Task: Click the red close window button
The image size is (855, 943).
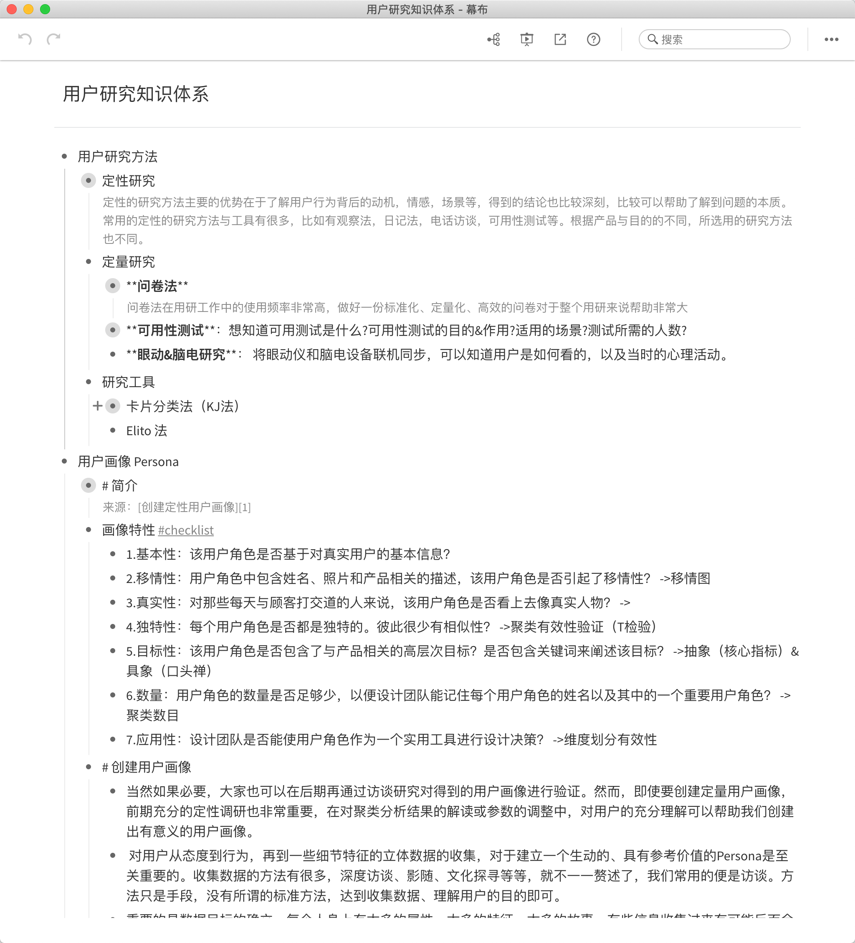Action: tap(12, 9)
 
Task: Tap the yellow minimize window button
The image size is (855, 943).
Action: tap(28, 9)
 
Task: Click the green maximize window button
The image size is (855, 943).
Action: tap(45, 9)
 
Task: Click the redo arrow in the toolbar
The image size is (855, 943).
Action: tap(54, 39)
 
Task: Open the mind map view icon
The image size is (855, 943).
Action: tap(493, 39)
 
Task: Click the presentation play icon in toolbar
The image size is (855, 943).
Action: tap(527, 39)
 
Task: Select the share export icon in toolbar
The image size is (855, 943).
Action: tap(560, 39)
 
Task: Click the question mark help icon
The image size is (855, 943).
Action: tap(593, 39)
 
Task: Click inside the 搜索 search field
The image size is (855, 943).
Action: tap(720, 39)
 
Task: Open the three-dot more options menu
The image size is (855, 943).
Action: tap(831, 39)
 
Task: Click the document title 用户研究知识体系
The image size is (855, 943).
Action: tap(136, 94)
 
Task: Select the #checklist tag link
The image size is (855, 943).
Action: tap(186, 530)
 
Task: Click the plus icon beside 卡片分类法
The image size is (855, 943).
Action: tap(97, 406)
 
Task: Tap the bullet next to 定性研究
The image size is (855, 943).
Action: tap(89, 180)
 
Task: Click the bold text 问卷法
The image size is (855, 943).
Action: tap(157, 286)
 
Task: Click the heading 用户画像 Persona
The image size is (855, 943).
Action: tap(128, 461)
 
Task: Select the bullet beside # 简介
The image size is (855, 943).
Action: tap(89, 486)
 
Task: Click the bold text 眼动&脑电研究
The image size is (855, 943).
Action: tap(181, 355)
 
